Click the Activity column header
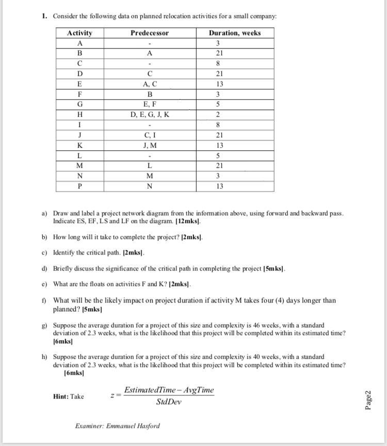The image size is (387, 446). tap(79, 33)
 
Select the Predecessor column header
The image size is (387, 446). tap(149, 33)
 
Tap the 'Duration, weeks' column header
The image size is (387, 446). tap(235, 33)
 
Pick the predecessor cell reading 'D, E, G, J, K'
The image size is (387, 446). tap(149, 115)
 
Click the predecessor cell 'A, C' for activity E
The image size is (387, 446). tap(149, 84)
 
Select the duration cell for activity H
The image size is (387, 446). tap(219, 115)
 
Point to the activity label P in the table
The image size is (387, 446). tap(79, 186)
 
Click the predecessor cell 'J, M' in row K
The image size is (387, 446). tap(149, 146)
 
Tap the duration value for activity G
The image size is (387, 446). tap(219, 104)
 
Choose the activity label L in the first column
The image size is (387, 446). tap(79, 156)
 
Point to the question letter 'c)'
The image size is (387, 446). tap(45, 253)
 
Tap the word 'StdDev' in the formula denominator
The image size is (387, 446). tap(169, 402)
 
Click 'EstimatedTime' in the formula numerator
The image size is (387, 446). tap(148, 390)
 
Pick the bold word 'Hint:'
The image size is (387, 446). tap(60, 396)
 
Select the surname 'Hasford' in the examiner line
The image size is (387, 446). tap(148, 426)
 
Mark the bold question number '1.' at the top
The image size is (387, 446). tap(45, 16)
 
